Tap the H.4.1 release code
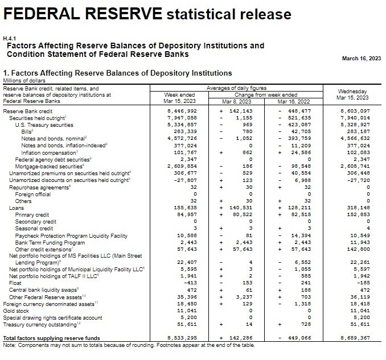10,39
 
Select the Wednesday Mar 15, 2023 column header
352,94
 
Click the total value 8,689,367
355,338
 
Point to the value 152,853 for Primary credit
358,215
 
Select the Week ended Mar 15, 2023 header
180,97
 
